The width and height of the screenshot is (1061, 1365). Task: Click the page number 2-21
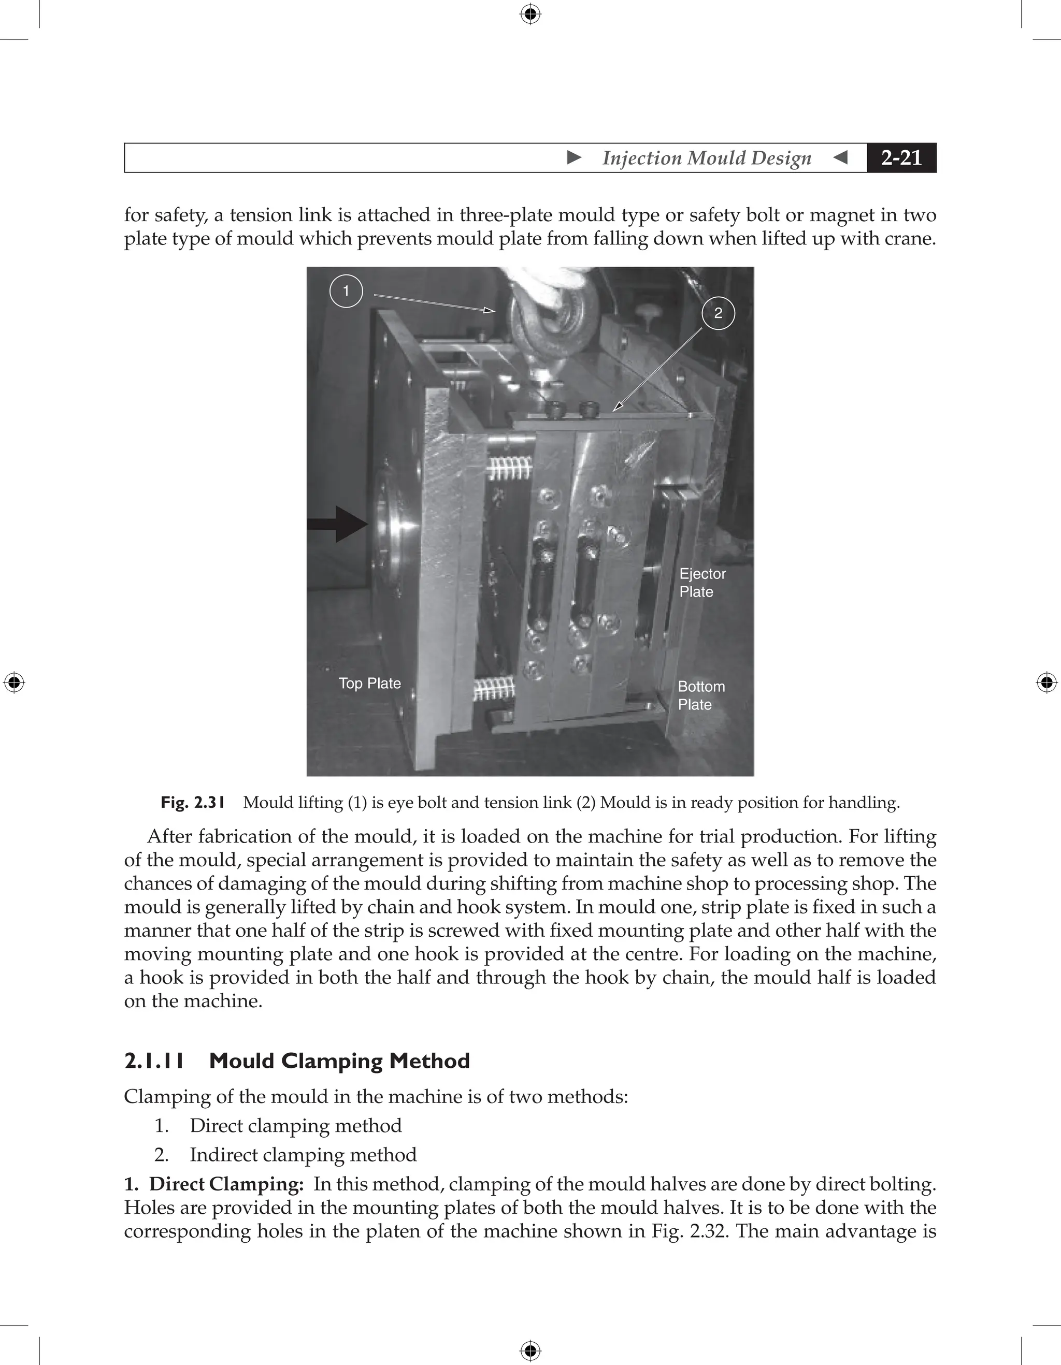coord(901,157)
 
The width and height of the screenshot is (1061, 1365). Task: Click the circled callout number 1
coord(346,291)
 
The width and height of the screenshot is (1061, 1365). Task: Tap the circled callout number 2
coord(718,313)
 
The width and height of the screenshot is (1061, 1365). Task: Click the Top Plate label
coord(369,683)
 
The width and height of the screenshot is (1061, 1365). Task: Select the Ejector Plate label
coord(702,583)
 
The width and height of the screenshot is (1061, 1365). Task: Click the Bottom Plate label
coord(701,695)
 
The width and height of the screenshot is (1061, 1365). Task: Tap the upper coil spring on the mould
coord(508,468)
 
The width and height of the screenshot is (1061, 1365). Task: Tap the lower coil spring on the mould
coord(494,689)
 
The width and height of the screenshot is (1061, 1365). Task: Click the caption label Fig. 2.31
coord(193,803)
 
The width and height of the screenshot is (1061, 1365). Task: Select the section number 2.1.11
coord(154,1061)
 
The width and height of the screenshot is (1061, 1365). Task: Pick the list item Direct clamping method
coord(295,1126)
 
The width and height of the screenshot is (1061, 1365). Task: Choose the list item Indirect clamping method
coord(303,1155)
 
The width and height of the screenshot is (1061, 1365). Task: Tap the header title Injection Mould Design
coord(707,157)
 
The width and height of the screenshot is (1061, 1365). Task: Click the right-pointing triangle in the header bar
coord(574,157)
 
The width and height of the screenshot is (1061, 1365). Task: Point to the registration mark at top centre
coord(530,14)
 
